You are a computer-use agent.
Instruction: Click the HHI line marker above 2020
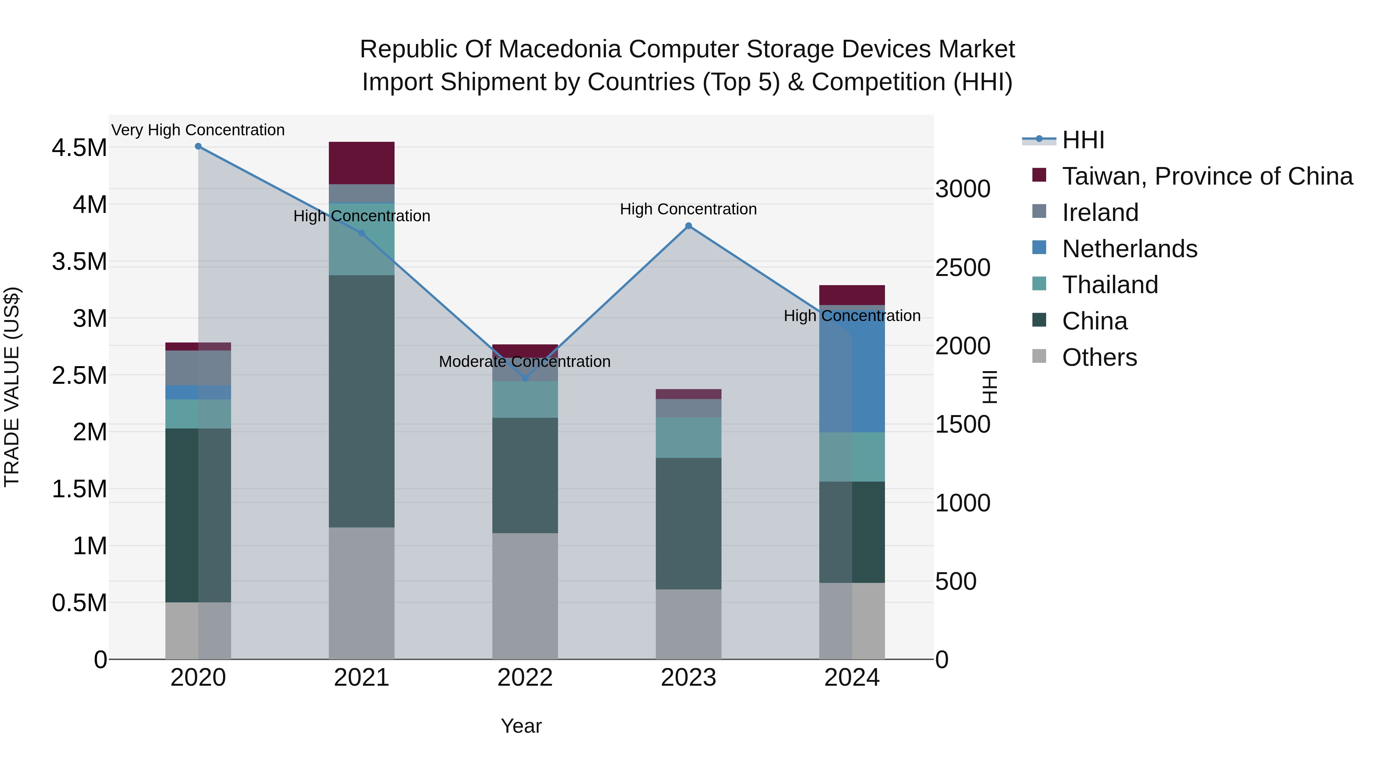[x=198, y=146]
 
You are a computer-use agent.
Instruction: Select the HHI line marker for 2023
[x=689, y=226]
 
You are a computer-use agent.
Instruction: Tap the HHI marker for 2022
[x=525, y=378]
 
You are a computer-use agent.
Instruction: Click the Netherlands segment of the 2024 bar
[x=852, y=374]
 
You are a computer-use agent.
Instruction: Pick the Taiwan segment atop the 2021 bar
[x=361, y=163]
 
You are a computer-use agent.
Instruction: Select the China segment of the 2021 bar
[x=361, y=401]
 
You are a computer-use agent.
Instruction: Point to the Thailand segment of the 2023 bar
[x=689, y=438]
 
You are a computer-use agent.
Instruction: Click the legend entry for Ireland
[x=1100, y=213]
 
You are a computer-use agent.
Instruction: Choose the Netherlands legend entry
[x=1129, y=249]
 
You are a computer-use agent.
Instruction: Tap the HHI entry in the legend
[x=1082, y=140]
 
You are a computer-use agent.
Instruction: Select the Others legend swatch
[x=1039, y=356]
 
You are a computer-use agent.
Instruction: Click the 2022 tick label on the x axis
[x=525, y=678]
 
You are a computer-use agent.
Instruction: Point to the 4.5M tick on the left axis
[x=79, y=148]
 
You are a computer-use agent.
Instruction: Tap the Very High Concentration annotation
[x=198, y=130]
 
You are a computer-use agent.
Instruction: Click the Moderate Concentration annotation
[x=525, y=362]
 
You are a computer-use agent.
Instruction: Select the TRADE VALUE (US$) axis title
[x=12, y=387]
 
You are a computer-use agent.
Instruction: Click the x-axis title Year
[x=521, y=726]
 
